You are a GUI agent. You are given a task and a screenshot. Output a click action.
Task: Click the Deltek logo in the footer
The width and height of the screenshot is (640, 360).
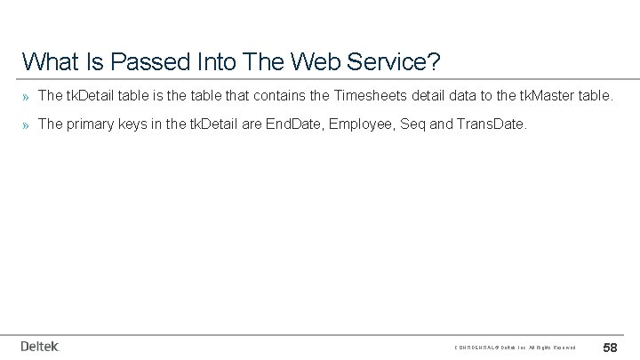pos(39,346)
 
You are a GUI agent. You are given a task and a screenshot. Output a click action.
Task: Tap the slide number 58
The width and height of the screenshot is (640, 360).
pos(611,346)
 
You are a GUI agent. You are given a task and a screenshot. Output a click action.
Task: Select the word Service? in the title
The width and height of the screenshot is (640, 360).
pos(395,61)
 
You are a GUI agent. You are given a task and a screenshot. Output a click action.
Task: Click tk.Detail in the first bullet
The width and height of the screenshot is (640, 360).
pos(92,93)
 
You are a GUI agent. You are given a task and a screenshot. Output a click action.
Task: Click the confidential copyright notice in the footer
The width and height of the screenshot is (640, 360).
pos(516,347)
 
